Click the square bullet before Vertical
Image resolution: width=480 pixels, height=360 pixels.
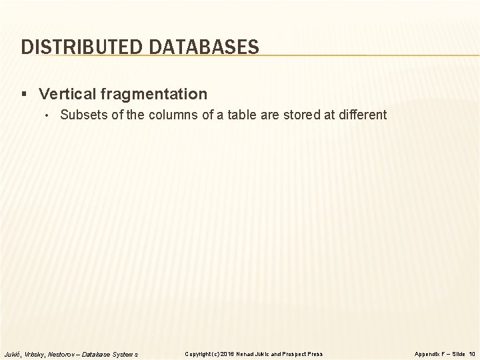pos(25,94)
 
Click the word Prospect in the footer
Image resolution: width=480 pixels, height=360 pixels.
pos(295,353)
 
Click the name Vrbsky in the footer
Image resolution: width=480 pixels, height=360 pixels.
pos(36,353)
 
